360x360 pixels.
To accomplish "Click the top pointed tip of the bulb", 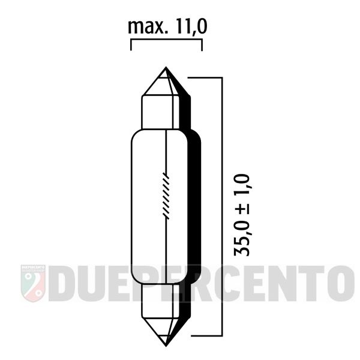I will point(166,69).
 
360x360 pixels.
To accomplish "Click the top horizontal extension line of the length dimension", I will point(206,77).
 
